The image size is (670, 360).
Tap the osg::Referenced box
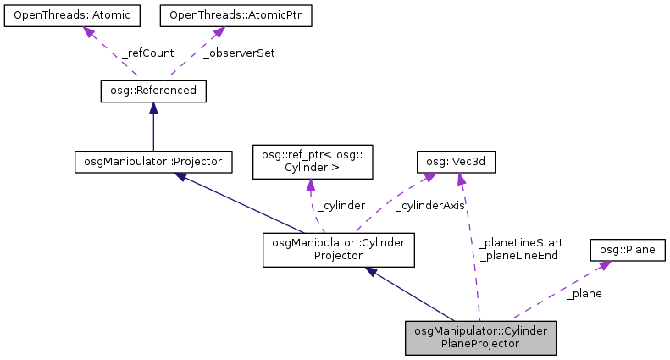point(152,90)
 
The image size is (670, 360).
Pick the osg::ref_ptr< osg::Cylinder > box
point(313,161)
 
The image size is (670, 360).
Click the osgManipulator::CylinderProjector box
point(339,250)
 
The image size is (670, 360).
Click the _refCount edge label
point(148,53)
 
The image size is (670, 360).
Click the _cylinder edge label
point(341,206)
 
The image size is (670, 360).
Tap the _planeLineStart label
point(520,242)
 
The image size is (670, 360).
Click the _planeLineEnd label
point(518,255)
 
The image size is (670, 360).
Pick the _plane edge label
point(584,294)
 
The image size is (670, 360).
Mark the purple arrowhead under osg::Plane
point(603,266)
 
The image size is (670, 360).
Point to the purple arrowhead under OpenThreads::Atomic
point(87,32)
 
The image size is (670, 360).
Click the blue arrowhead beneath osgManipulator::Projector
point(180,176)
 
